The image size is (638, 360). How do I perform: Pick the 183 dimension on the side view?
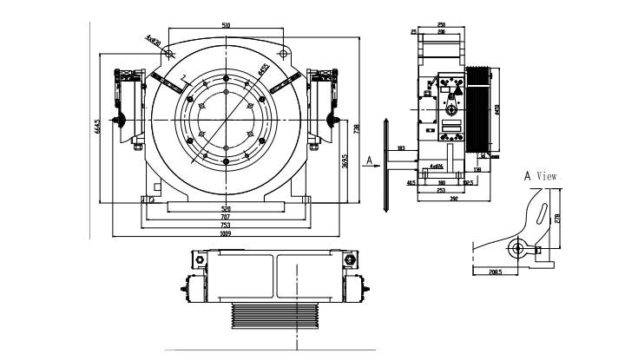[400, 149]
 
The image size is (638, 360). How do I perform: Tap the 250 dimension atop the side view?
[442, 25]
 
